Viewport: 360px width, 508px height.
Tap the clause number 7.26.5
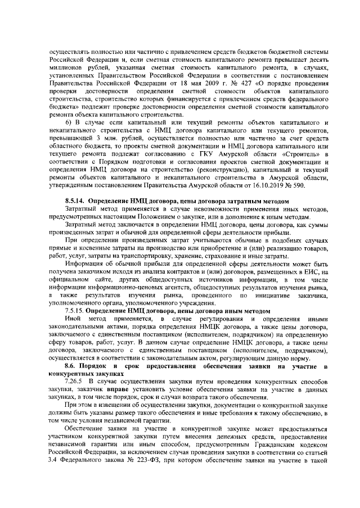(x=75, y=381)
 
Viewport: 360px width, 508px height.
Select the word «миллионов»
(x=65, y=65)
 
